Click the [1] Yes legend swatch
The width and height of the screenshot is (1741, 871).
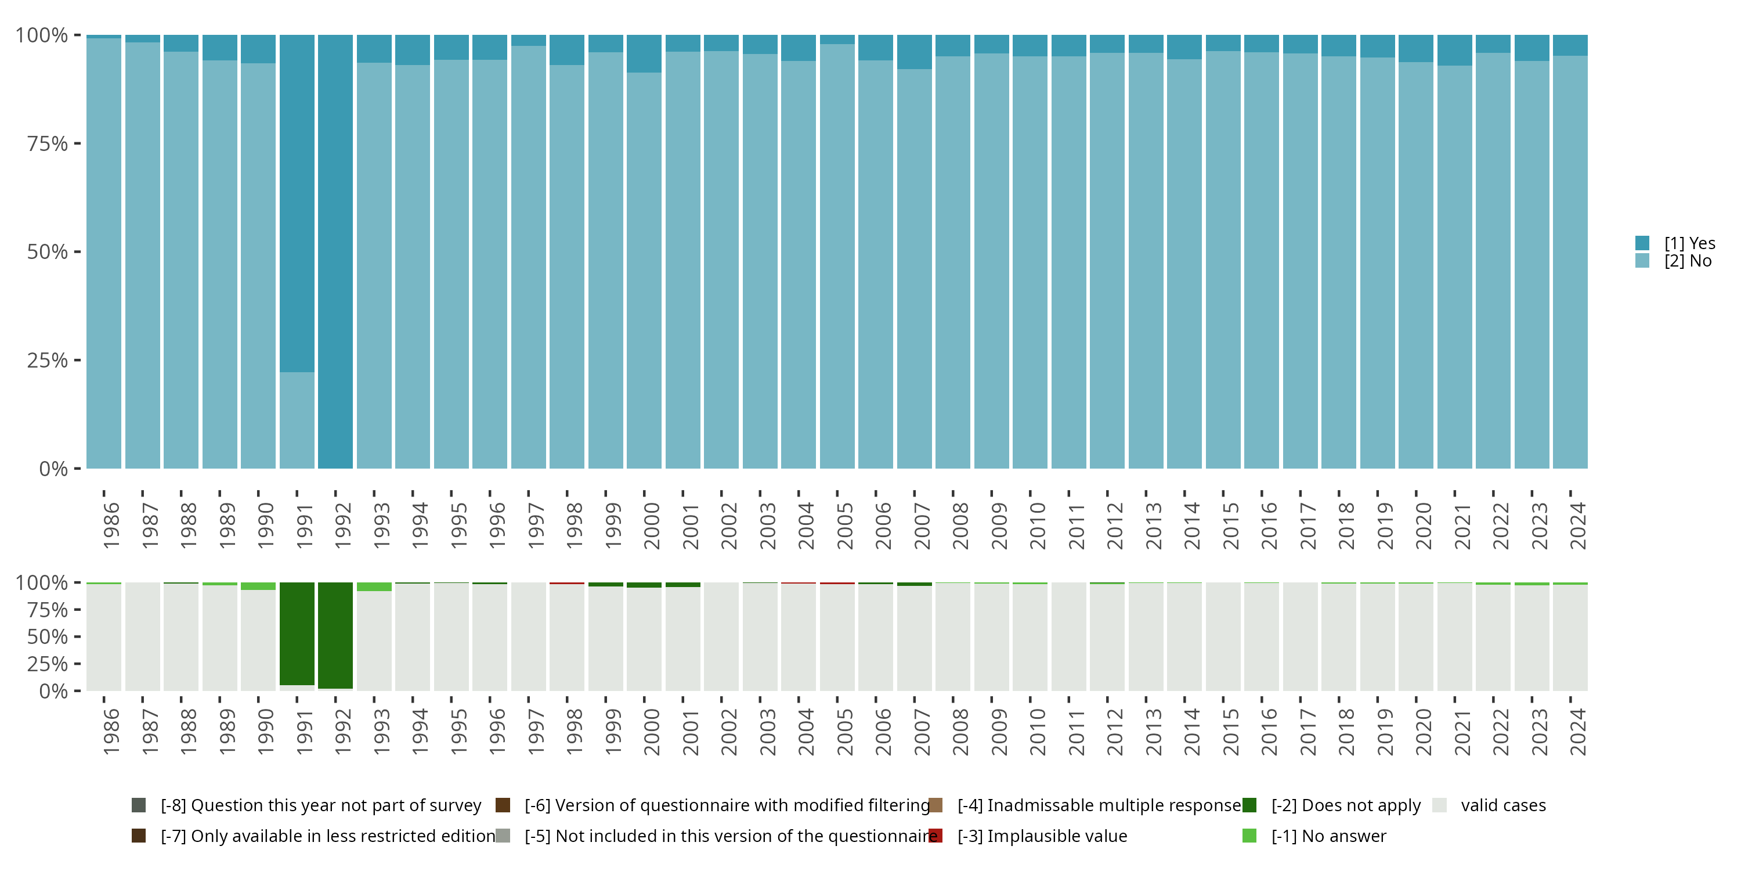click(1642, 243)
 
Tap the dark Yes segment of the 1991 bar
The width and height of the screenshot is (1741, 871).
click(297, 203)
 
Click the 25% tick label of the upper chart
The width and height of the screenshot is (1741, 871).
click(48, 360)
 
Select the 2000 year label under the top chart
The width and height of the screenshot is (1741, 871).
click(652, 526)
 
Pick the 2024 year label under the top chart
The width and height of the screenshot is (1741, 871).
click(1577, 526)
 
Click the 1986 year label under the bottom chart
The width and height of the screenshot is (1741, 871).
click(111, 732)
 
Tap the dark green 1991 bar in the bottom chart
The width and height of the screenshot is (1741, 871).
click(297, 634)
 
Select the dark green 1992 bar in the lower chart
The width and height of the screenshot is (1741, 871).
click(335, 636)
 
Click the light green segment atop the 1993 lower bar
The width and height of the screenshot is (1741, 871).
click(374, 587)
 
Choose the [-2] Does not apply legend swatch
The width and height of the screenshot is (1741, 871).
click(1249, 805)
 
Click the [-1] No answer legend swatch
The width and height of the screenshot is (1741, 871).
click(1249, 836)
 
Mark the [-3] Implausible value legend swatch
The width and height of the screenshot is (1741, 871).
click(935, 836)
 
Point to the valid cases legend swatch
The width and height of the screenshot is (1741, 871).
click(1440, 805)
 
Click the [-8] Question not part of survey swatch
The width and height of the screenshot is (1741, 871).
click(139, 805)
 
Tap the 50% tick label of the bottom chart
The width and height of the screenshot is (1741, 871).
click(48, 636)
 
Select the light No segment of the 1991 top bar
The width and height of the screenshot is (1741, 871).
click(297, 420)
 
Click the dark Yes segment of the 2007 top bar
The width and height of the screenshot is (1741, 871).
click(915, 52)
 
